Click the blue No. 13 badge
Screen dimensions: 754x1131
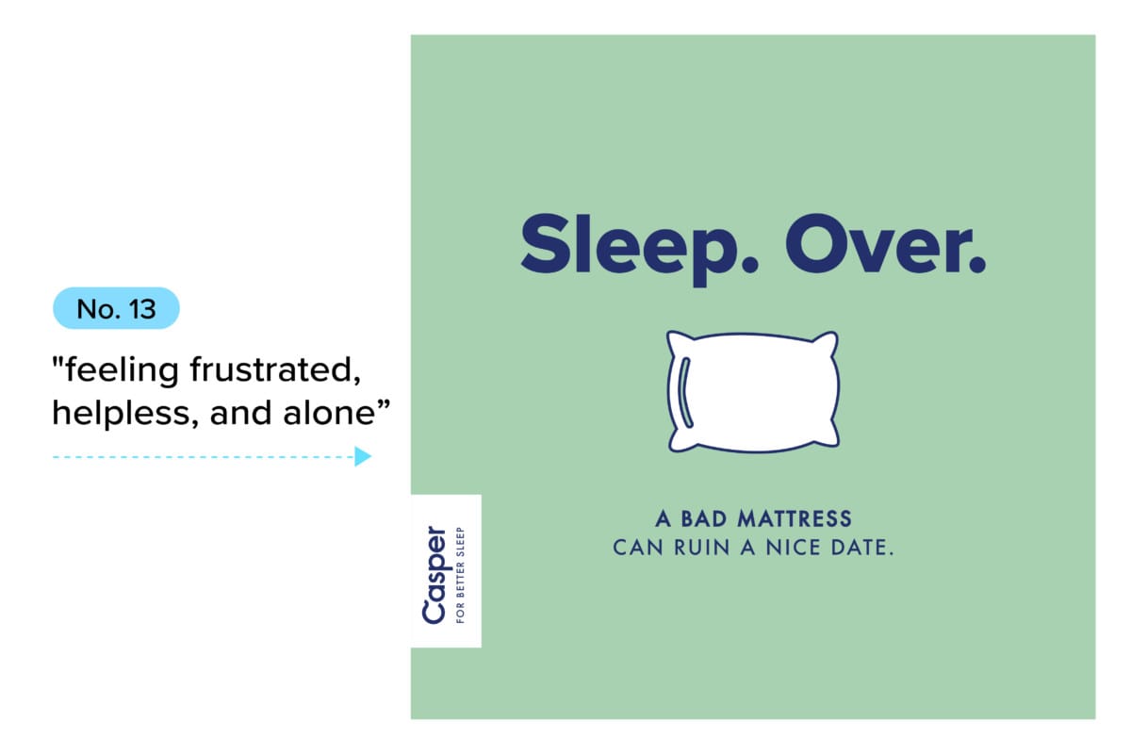(116, 308)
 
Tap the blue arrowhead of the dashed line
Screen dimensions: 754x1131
(363, 457)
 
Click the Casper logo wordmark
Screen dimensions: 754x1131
(434, 574)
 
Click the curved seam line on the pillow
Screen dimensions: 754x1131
(684, 391)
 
